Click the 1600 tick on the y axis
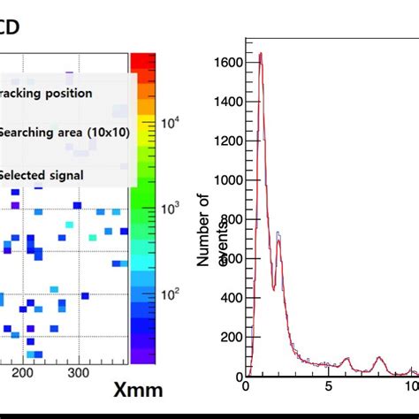[x=229, y=63]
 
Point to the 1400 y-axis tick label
[x=229, y=102]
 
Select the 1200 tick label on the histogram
[x=229, y=141]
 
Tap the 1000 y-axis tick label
[x=229, y=180]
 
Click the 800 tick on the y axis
[x=232, y=219]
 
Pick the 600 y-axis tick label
[x=232, y=259]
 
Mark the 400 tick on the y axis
[x=232, y=298]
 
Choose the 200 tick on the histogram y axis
[x=232, y=337]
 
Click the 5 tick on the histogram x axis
[x=328, y=386]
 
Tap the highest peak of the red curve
[x=260, y=54]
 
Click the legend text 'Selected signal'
[x=42, y=175]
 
